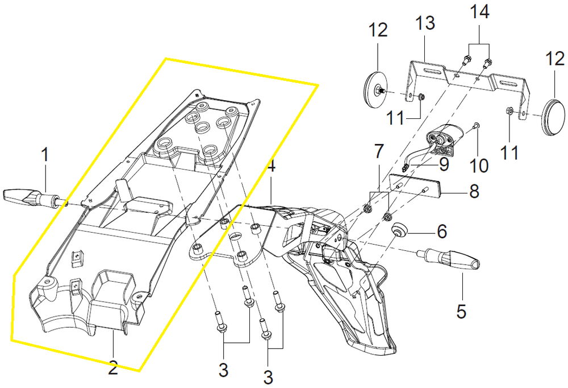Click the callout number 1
pos(45,155)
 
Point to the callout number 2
pos(113,369)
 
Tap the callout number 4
pos(271,166)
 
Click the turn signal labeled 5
pos(449,258)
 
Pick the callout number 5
pos(461,312)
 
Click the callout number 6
pos(441,231)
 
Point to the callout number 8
pos(474,192)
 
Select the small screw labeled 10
pos(477,126)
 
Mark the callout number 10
pos(479,165)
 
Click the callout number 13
pos(424,23)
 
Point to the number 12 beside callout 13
pos(378,30)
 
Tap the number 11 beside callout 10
pos(509,152)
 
